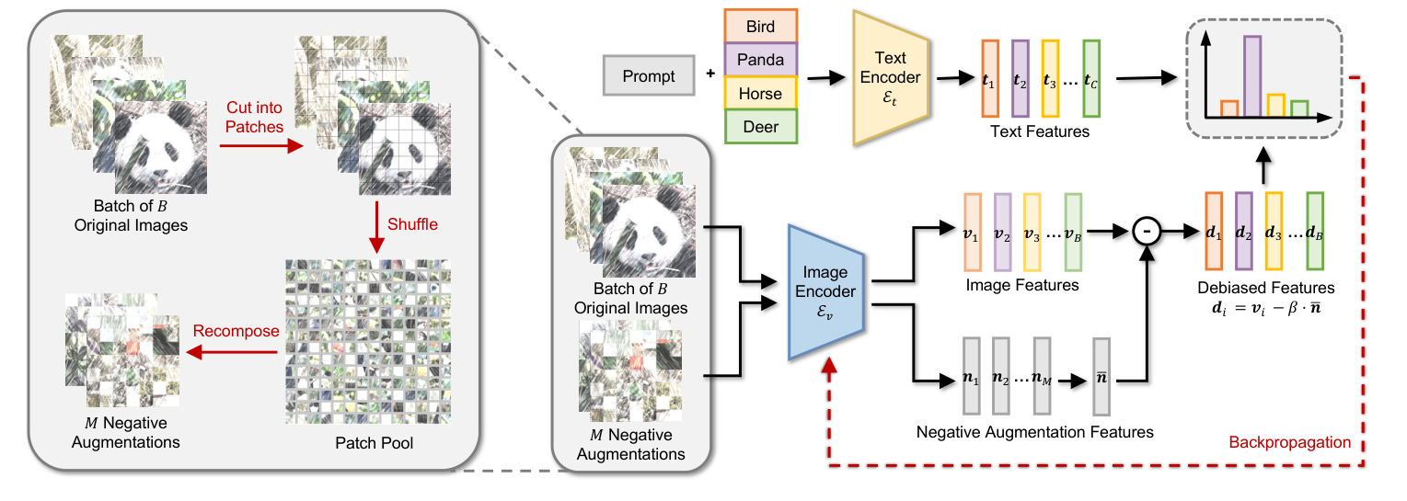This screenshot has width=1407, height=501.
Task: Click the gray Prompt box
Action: pos(649,76)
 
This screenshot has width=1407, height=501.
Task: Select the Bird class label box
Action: pos(760,27)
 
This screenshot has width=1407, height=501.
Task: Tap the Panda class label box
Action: pos(760,61)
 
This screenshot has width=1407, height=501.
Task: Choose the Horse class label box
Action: pos(760,94)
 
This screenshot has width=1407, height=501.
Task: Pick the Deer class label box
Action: pos(760,127)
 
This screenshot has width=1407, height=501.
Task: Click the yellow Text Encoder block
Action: pos(891,78)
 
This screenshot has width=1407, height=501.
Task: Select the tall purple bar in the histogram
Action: pos(1251,76)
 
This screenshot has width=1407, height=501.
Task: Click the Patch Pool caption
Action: pos(367,444)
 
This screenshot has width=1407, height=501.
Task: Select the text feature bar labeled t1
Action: pos(990,78)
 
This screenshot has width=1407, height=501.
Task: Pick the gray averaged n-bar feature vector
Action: pos(1101,377)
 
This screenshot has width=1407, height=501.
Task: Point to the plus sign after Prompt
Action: pos(710,72)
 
